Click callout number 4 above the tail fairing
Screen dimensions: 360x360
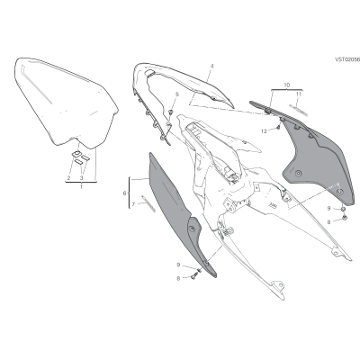(211, 66)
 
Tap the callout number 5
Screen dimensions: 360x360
(177, 94)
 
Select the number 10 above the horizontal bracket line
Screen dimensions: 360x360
(287, 85)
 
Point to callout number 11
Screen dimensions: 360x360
(299, 94)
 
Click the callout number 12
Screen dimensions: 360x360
(264, 131)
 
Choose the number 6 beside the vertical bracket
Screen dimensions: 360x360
(125, 193)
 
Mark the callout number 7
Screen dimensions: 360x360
(133, 204)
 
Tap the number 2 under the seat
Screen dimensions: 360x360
(68, 178)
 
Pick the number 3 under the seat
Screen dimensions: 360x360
(81, 178)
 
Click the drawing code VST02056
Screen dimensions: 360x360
(347, 59)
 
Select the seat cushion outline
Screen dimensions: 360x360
(66, 102)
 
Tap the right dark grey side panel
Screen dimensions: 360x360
(318, 159)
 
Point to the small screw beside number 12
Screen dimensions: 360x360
(278, 128)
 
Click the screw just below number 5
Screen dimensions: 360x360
(171, 112)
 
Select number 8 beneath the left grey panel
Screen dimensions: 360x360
(178, 279)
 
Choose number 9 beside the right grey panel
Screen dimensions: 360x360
(328, 208)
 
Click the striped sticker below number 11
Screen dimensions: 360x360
(298, 110)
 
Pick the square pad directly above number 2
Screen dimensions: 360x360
(76, 154)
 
